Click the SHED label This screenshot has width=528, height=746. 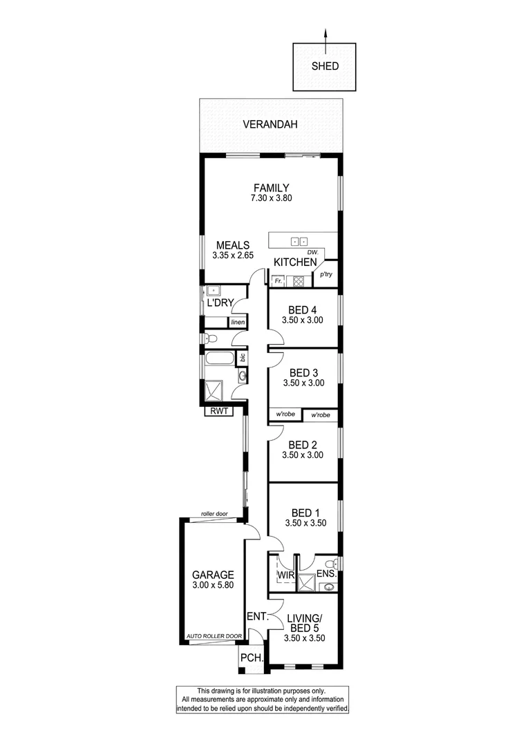[x=325, y=66]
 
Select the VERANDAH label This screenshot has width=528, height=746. [x=270, y=125]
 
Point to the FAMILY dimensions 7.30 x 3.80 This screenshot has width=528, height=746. [x=270, y=198]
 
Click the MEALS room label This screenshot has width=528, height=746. [x=233, y=245]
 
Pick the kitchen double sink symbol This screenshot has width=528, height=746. [x=299, y=242]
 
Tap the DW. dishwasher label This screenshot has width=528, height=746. [x=312, y=252]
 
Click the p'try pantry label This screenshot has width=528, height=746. [x=326, y=275]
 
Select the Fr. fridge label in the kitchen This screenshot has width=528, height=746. [x=278, y=281]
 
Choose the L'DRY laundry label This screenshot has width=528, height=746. [x=220, y=303]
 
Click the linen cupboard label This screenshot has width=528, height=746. [x=238, y=323]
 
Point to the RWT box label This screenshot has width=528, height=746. [x=218, y=412]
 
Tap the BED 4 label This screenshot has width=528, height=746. [x=303, y=309]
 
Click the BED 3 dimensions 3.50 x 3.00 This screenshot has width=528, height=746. [x=303, y=383]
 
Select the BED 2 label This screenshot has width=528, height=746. [x=303, y=445]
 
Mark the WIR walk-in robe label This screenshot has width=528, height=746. [x=287, y=574]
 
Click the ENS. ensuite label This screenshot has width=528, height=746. [x=326, y=574]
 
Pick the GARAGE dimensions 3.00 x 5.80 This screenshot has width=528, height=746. [x=213, y=586]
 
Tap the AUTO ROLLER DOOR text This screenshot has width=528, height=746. [x=214, y=636]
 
